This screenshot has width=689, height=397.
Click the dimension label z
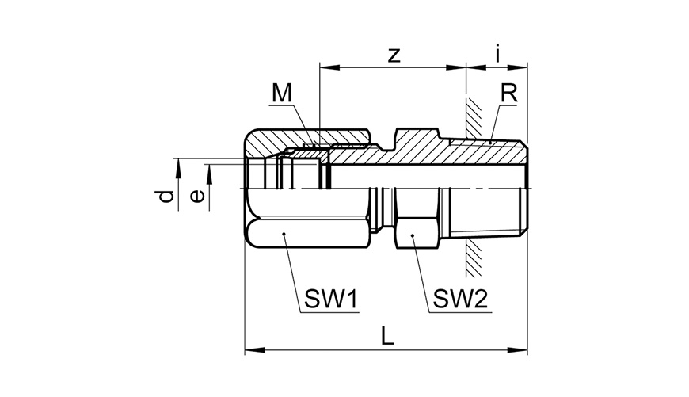pyautogui.click(x=394, y=55)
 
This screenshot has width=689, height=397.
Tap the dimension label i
pyautogui.click(x=497, y=53)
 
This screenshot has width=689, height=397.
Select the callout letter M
pyautogui.click(x=282, y=93)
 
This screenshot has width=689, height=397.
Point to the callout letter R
pyautogui.click(x=509, y=93)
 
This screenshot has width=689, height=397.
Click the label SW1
pyautogui.click(x=331, y=300)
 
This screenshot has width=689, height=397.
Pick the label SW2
pyautogui.click(x=460, y=300)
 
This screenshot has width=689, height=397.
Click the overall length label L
pyautogui.click(x=386, y=336)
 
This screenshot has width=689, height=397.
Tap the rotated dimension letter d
pyautogui.click(x=166, y=196)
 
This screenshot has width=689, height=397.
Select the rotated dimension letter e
pyautogui.click(x=197, y=196)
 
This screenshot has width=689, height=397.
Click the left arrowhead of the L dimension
pyautogui.click(x=254, y=350)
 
